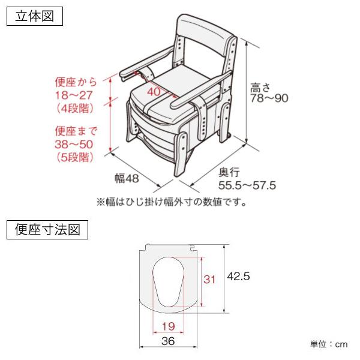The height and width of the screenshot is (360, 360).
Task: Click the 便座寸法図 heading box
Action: coord(47,229)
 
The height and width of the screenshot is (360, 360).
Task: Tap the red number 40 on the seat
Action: coord(154,92)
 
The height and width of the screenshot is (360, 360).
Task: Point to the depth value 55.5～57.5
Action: coord(247,185)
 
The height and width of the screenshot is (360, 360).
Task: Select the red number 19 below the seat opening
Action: coord(169,326)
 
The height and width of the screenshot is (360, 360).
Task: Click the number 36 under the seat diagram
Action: coord(169,341)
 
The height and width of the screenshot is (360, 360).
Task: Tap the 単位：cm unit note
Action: coord(328,344)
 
